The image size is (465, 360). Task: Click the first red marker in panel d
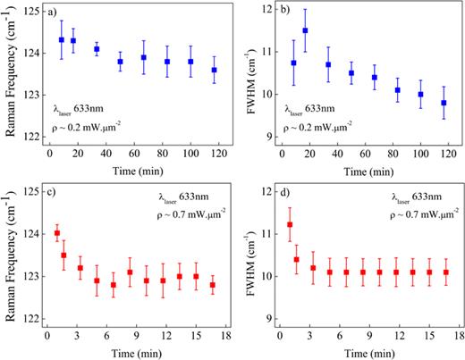[289, 225]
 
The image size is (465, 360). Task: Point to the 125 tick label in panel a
[32, 12]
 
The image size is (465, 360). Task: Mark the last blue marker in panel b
[444, 103]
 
